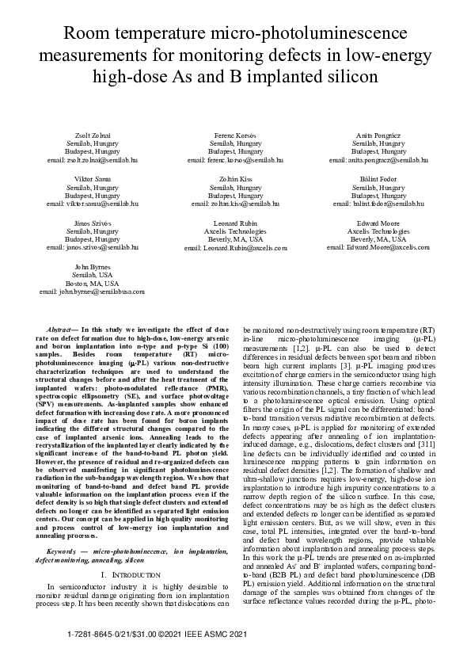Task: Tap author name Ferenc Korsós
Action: (x=235, y=135)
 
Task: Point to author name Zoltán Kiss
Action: (x=235, y=180)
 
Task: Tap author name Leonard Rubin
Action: (x=235, y=224)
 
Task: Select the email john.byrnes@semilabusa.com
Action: (x=92, y=292)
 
